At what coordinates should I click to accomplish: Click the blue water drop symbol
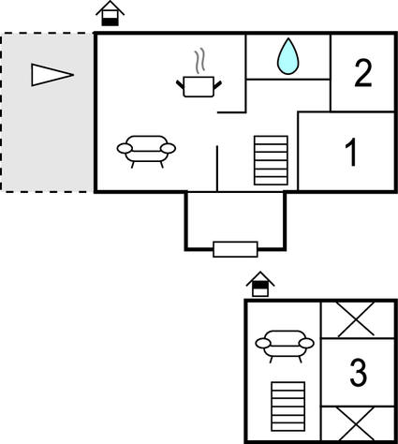pyautogui.click(x=287, y=57)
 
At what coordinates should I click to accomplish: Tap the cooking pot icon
pyautogui.click(x=199, y=86)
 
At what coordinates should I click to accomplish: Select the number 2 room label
pyautogui.click(x=363, y=73)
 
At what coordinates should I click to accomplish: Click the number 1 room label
pyautogui.click(x=351, y=152)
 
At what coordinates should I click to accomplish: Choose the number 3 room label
pyautogui.click(x=358, y=373)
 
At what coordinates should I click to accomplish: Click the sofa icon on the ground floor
pyautogui.click(x=146, y=151)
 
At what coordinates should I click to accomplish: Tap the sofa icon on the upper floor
pyautogui.click(x=285, y=346)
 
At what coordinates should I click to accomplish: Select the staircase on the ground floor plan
pyautogui.click(x=271, y=160)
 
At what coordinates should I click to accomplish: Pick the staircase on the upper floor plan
pyautogui.click(x=288, y=407)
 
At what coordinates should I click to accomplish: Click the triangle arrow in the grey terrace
pyautogui.click(x=52, y=75)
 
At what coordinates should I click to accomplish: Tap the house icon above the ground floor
pyautogui.click(x=111, y=13)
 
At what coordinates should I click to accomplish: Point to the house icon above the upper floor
pyautogui.click(x=260, y=284)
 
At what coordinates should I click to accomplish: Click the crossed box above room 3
pyautogui.click(x=358, y=320)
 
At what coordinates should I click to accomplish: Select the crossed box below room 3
pyautogui.click(x=358, y=424)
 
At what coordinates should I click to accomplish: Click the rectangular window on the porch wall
pyautogui.click(x=235, y=249)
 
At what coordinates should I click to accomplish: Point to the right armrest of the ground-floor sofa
pyautogui.click(x=169, y=149)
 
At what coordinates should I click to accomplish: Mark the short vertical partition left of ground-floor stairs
pyautogui.click(x=217, y=168)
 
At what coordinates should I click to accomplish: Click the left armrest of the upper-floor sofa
pyautogui.click(x=263, y=344)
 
